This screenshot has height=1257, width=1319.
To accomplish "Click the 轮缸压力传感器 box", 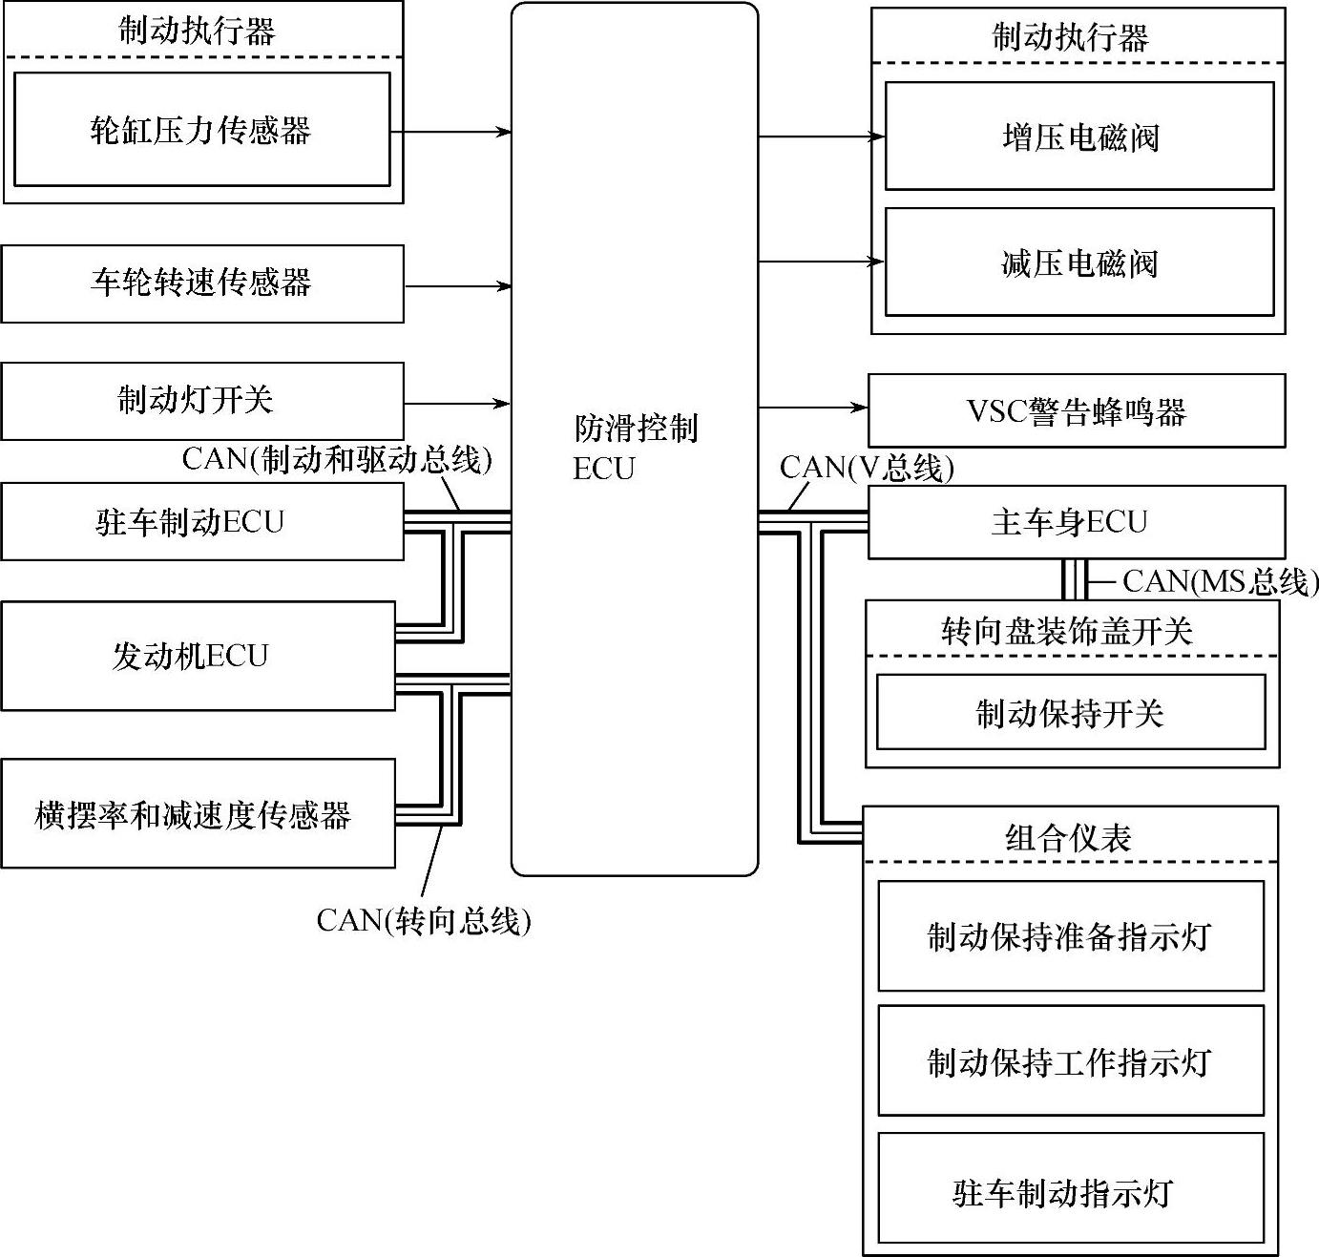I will tap(201, 129).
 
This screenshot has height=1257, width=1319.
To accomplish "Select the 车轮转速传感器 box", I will tap(201, 283).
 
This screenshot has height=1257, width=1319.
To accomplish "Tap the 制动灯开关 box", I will tap(201, 401).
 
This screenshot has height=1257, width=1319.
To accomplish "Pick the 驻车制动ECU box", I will tap(201, 521).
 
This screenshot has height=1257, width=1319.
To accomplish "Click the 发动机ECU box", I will tap(198, 656).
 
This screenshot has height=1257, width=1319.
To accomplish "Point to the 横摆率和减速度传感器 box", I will tap(198, 813).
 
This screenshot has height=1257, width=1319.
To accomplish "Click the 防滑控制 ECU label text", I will tap(635, 447).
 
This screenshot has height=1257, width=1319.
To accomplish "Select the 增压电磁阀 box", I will tap(1079, 136).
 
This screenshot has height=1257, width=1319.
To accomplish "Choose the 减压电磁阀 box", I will tap(1079, 262).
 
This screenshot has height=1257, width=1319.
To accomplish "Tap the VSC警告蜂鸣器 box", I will tap(1076, 411).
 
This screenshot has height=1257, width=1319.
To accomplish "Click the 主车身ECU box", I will tap(1076, 522).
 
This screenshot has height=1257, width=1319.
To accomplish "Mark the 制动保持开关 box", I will tap(1071, 712).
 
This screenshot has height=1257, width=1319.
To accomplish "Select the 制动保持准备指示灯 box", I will tap(1071, 935).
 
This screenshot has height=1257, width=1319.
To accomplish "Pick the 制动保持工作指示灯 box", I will tap(1071, 1060).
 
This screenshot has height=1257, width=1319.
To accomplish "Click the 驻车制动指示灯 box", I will tap(1071, 1192).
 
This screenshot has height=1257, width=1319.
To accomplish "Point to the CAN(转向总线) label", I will tap(424, 921).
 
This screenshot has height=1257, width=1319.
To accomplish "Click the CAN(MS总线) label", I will tap(1220, 580).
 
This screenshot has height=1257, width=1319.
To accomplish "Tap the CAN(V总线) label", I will tap(867, 468).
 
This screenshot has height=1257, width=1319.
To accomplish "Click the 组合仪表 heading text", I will tap(1069, 837).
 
